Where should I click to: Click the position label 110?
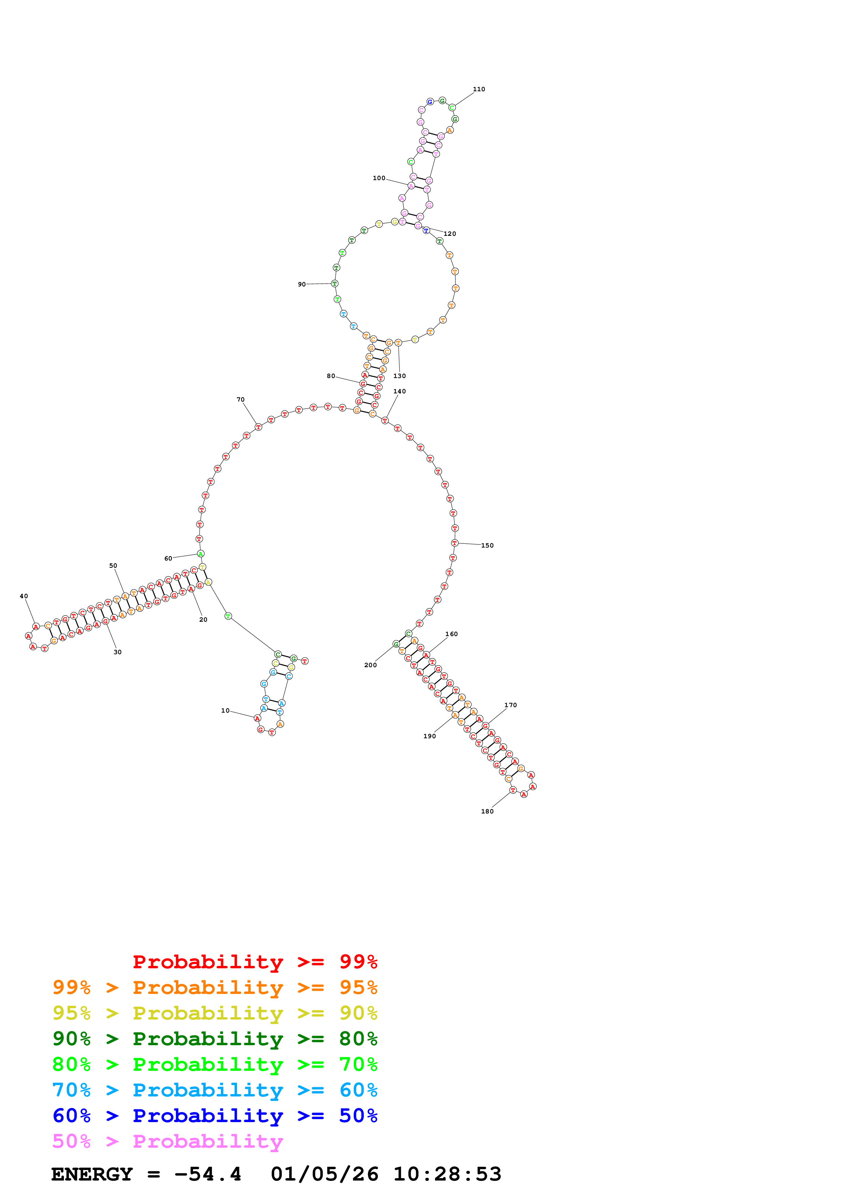pyautogui.click(x=479, y=89)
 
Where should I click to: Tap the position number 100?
pyautogui.click(x=379, y=178)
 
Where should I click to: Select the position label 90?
pyautogui.click(x=302, y=285)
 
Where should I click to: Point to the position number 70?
pyautogui.click(x=241, y=400)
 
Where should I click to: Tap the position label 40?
pyautogui.click(x=24, y=596)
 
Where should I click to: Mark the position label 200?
pyautogui.click(x=370, y=665)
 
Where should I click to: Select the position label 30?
pyautogui.click(x=118, y=652)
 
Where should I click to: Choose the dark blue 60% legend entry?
pyautogui.click(x=215, y=1116)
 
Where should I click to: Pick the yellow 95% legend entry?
pyautogui.click(x=215, y=1013)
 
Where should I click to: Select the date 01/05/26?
pyautogui.click(x=324, y=1174)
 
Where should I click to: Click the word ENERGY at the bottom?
pyautogui.click(x=92, y=1174)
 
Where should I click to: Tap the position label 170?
pyautogui.click(x=510, y=705)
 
